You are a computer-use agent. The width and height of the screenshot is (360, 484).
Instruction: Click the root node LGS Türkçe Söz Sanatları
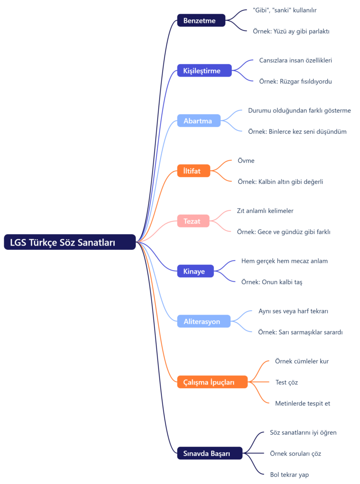(70, 242)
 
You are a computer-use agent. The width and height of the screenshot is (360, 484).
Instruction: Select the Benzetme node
(201, 20)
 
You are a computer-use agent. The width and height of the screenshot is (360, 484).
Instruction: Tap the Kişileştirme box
(204, 71)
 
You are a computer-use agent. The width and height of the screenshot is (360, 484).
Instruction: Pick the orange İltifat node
(194, 171)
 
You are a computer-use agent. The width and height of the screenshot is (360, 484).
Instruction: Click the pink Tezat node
(193, 221)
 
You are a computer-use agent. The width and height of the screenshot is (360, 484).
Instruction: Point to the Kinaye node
(195, 271)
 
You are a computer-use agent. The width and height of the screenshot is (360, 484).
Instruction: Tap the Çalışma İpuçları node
(212, 382)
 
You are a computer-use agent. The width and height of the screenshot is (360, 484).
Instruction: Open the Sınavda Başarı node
(209, 454)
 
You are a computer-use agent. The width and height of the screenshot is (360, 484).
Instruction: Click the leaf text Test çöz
(287, 382)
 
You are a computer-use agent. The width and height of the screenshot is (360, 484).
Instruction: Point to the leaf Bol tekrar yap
(289, 475)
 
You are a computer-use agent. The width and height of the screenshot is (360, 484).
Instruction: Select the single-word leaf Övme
(246, 161)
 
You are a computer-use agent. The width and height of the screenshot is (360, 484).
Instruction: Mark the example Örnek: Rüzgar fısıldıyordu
(295, 81)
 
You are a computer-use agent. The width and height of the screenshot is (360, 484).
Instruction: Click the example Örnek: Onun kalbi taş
(271, 282)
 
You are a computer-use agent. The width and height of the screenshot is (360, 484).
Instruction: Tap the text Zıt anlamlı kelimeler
(265, 211)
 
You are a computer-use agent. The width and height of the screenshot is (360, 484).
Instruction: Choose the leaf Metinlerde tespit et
(302, 404)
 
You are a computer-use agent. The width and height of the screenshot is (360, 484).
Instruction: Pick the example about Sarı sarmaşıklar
(300, 332)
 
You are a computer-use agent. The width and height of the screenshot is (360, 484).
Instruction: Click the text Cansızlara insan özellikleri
(295, 61)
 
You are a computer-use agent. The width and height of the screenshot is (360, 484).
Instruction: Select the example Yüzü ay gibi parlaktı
(291, 31)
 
